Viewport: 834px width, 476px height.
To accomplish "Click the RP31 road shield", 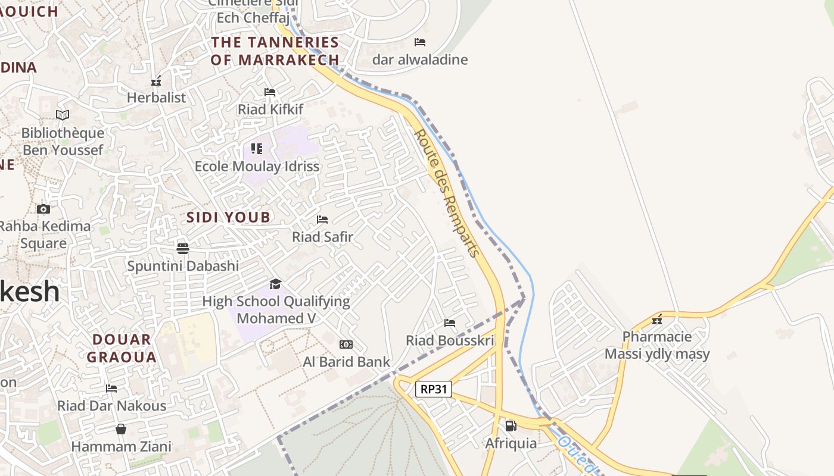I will [434, 390].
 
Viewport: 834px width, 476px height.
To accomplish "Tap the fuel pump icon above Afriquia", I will [511, 425].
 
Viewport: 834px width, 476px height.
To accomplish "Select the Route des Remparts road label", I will [447, 193].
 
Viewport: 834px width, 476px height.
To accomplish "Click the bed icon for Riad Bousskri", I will [450, 323].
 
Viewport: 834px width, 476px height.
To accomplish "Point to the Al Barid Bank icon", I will [346, 345].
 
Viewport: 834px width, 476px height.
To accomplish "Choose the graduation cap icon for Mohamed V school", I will [275, 284].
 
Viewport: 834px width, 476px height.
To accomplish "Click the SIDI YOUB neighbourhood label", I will [229, 217].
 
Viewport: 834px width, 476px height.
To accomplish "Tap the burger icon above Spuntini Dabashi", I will [182, 248].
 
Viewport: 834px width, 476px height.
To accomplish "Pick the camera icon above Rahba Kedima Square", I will [43, 209].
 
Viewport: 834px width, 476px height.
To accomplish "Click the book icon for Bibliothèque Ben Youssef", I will [63, 115].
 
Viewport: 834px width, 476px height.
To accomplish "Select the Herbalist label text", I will [157, 98].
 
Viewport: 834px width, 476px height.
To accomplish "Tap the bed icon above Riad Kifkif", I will [270, 92].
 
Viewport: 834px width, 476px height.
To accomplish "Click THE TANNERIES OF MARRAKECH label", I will [275, 51].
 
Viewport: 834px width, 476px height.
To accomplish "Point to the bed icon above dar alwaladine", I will [420, 42].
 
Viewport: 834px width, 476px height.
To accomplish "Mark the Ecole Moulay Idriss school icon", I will [257, 148].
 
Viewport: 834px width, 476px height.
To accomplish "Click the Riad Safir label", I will [322, 237].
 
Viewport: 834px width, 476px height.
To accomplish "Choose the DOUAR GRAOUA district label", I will [122, 349].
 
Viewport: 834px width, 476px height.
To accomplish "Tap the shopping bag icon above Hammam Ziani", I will [121, 429].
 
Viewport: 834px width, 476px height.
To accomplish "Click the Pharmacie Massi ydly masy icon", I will [657, 320].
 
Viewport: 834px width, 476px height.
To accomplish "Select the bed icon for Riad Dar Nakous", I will [111, 389].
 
